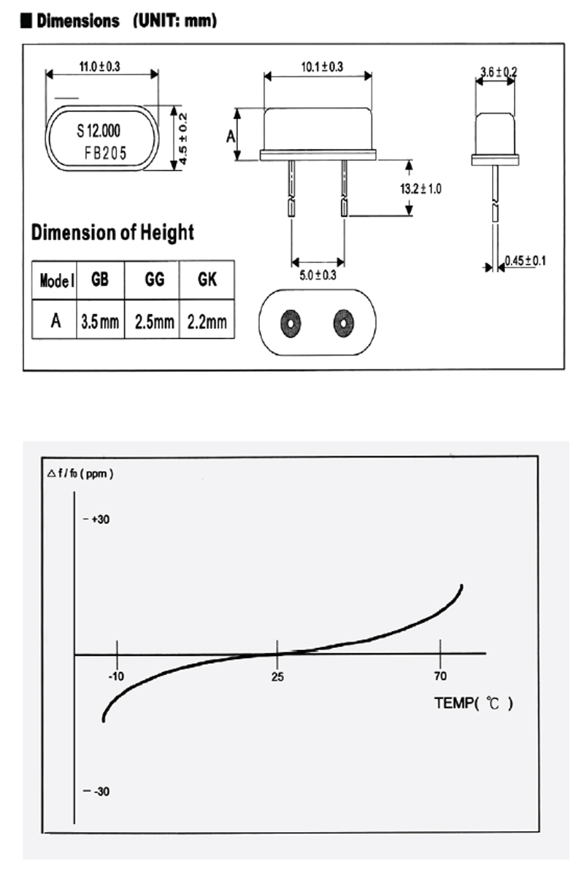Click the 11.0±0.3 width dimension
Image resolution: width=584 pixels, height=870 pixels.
99,66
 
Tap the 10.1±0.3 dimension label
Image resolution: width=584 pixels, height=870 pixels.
322,67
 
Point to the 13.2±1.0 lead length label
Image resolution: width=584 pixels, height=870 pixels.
420,188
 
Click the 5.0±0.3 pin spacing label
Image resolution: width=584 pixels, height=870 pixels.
318,275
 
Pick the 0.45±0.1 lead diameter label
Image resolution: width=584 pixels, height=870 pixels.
526,261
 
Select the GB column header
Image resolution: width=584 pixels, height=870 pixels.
100,280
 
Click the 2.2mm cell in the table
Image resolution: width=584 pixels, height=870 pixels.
207,321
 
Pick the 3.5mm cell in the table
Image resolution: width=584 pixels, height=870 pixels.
100,321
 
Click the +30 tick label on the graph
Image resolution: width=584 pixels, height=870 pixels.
100,519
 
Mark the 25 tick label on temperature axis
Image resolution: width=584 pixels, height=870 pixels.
277,676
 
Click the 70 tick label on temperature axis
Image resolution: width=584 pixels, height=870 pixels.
440,676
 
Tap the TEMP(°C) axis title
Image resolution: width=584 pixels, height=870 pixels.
474,704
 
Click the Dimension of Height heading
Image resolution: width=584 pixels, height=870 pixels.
112,233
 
